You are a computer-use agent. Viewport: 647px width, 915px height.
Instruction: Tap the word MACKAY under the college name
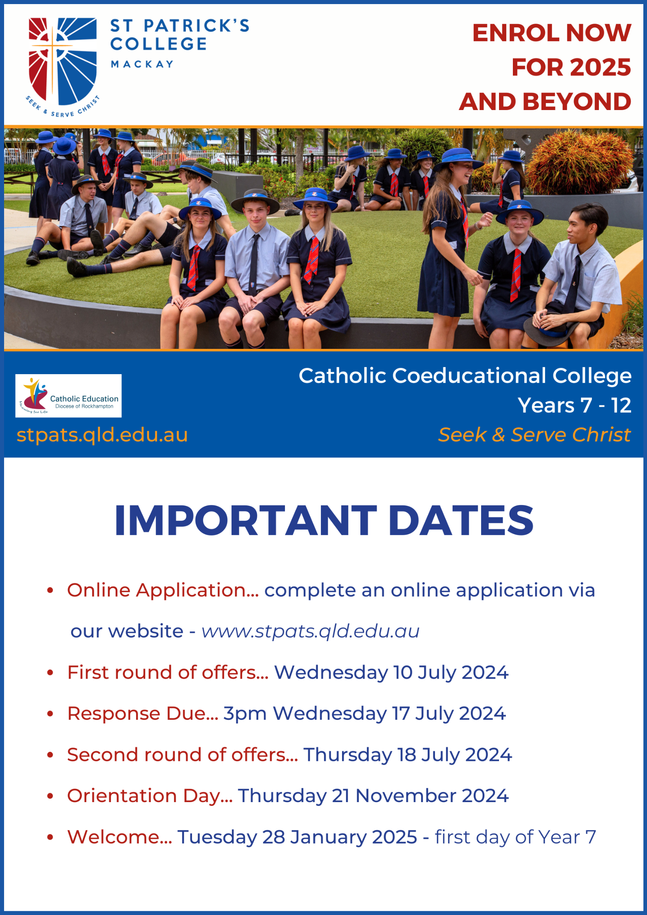click(x=142, y=64)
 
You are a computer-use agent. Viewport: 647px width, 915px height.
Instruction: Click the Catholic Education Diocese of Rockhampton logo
click(x=68, y=396)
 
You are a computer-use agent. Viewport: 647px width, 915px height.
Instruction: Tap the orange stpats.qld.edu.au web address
click(x=102, y=435)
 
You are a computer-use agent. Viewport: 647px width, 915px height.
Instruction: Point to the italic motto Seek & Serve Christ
click(x=534, y=434)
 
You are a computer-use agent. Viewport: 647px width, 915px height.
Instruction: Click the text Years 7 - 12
click(x=574, y=405)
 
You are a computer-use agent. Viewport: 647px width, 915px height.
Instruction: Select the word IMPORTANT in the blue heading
click(x=246, y=520)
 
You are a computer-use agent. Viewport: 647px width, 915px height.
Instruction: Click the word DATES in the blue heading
click(x=461, y=520)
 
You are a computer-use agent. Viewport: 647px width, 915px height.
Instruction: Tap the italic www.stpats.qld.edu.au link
click(x=310, y=631)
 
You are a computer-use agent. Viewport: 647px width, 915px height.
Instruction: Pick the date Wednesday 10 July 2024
click(x=391, y=673)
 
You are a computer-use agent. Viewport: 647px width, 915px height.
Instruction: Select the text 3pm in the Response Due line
click(x=245, y=714)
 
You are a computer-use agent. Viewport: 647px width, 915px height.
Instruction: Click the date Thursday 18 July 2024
click(x=408, y=755)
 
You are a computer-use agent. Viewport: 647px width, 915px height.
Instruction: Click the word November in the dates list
click(x=406, y=796)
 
